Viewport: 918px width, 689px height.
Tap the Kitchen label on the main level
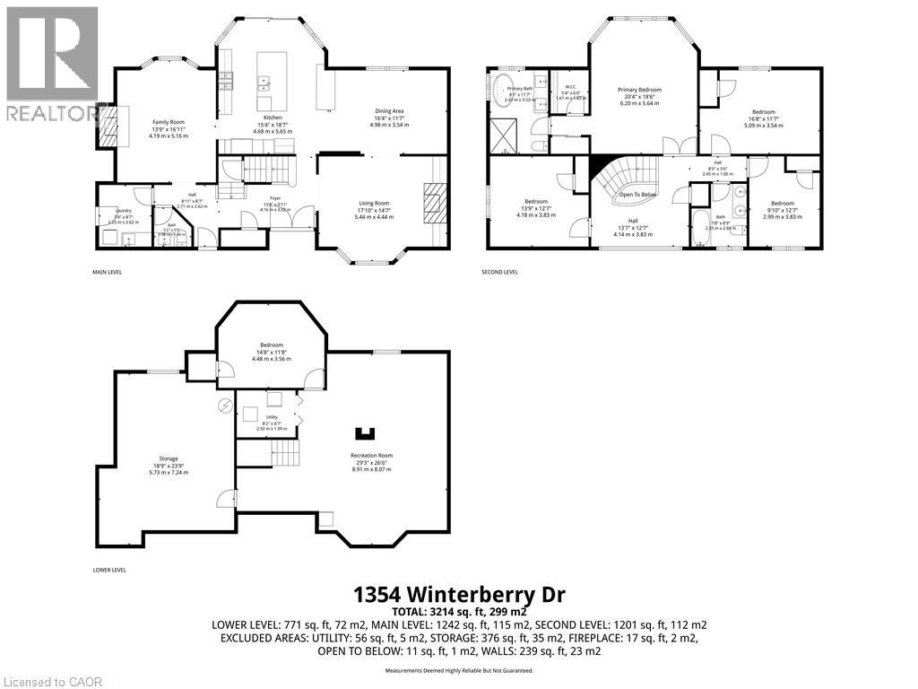(x=273, y=118)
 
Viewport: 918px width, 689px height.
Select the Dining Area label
(x=389, y=111)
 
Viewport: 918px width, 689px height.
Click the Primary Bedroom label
(x=639, y=90)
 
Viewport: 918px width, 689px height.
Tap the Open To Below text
(x=637, y=195)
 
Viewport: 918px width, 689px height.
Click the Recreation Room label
(x=371, y=456)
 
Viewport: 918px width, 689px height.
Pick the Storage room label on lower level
(x=169, y=458)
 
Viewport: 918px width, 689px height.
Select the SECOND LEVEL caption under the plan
(x=503, y=272)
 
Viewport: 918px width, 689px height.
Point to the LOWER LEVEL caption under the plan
(x=109, y=570)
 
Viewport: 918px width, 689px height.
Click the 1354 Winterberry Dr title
(x=458, y=594)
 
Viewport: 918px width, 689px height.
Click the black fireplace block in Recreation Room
(x=363, y=433)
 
